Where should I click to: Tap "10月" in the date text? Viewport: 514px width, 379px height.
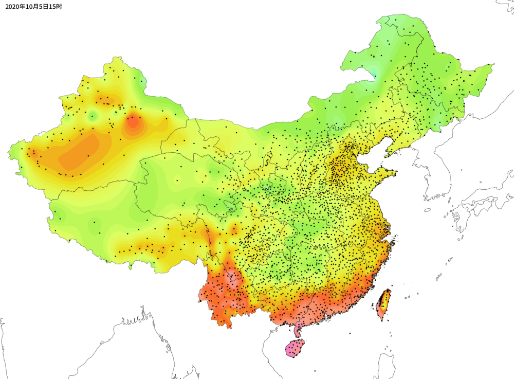coord(30,7)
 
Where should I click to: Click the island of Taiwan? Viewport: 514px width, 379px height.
coord(384,304)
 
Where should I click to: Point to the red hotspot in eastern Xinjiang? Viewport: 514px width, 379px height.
coord(133,122)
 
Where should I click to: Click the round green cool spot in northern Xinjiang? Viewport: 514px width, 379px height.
coord(93,116)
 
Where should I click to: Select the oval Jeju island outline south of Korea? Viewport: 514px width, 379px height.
coord(428,209)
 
